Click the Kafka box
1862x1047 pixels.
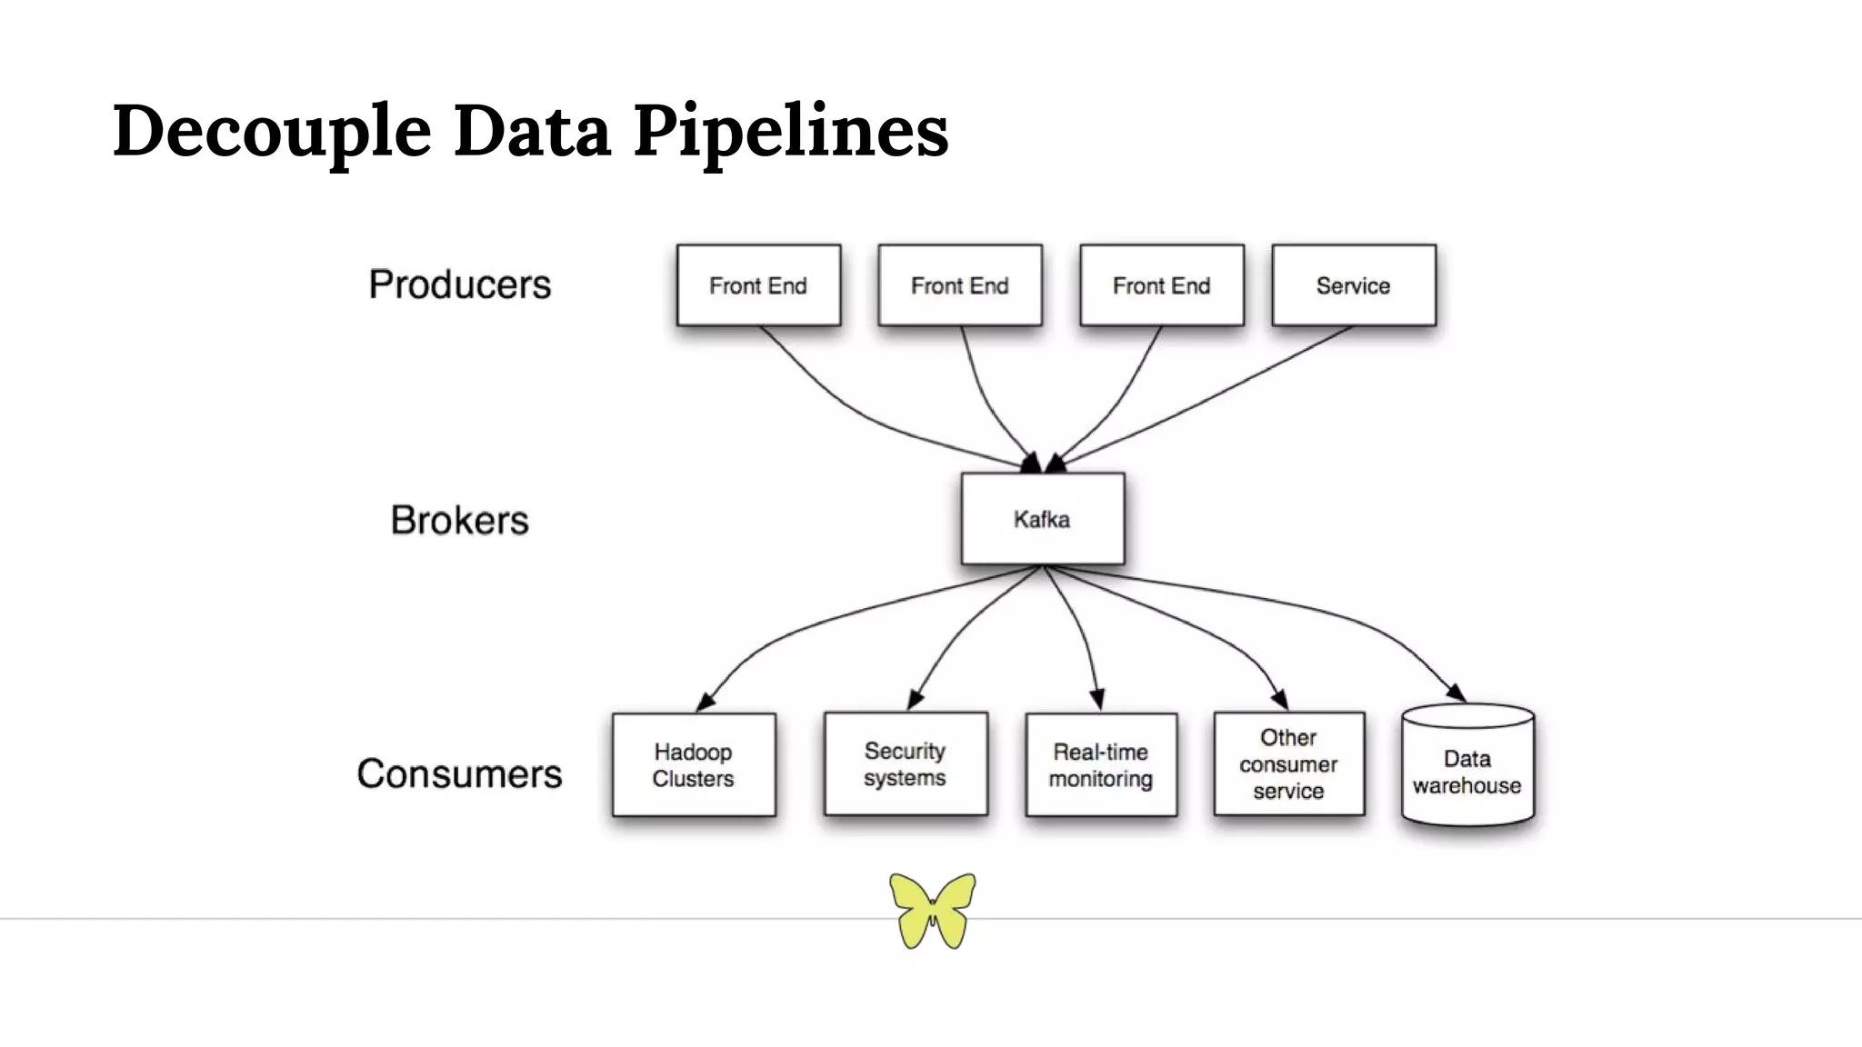(x=1042, y=519)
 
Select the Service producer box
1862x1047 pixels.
(x=1353, y=285)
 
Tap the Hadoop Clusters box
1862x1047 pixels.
(x=693, y=764)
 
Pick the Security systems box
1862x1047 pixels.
(x=905, y=763)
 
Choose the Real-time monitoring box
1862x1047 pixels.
(x=1100, y=764)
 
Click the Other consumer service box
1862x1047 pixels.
(x=1287, y=763)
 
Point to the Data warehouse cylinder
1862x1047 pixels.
(x=1467, y=768)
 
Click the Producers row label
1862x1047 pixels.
(x=459, y=284)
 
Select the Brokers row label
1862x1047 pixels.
(x=459, y=520)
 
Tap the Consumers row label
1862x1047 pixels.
(x=459, y=773)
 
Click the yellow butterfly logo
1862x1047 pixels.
(x=932, y=910)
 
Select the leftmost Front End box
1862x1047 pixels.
(x=757, y=285)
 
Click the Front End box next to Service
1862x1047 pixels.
(x=1161, y=285)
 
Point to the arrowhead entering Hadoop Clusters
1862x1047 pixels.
(x=705, y=703)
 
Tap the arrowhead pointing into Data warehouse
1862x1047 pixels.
(x=1456, y=693)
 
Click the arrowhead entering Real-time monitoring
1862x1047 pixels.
(x=1097, y=699)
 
